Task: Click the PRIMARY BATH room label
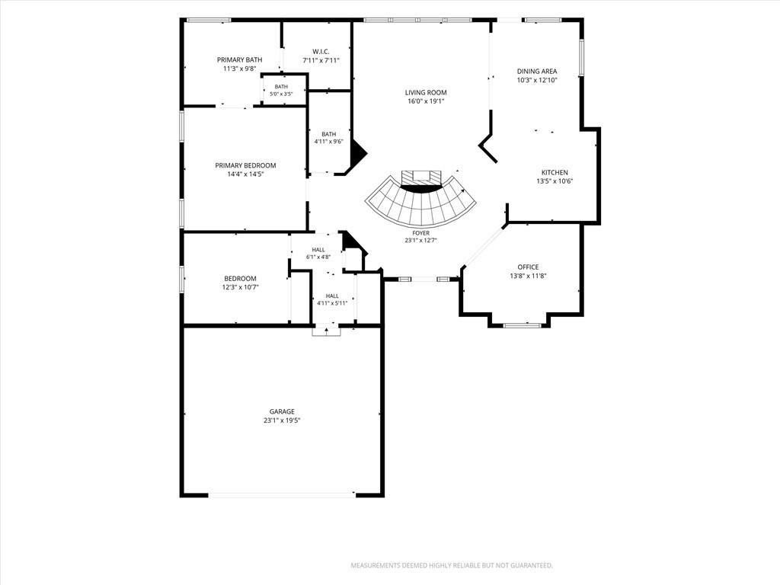[239, 59]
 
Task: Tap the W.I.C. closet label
[321, 51]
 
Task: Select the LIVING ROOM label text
[425, 92]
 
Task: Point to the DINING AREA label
[537, 71]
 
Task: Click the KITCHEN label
[555, 173]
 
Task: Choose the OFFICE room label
[528, 267]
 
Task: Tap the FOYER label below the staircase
[420, 233]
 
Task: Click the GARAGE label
[282, 411]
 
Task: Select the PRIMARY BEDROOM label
[245, 165]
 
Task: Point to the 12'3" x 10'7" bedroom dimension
[240, 287]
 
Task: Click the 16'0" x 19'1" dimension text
[425, 101]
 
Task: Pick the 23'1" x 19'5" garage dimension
[282, 420]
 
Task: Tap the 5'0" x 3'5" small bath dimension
[281, 94]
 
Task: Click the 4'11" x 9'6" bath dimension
[328, 141]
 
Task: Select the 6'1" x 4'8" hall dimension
[318, 257]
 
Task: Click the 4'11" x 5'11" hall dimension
[332, 303]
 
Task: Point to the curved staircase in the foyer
[420, 205]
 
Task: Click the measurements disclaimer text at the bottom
[452, 566]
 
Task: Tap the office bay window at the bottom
[522, 325]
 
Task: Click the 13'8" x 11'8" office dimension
[528, 276]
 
